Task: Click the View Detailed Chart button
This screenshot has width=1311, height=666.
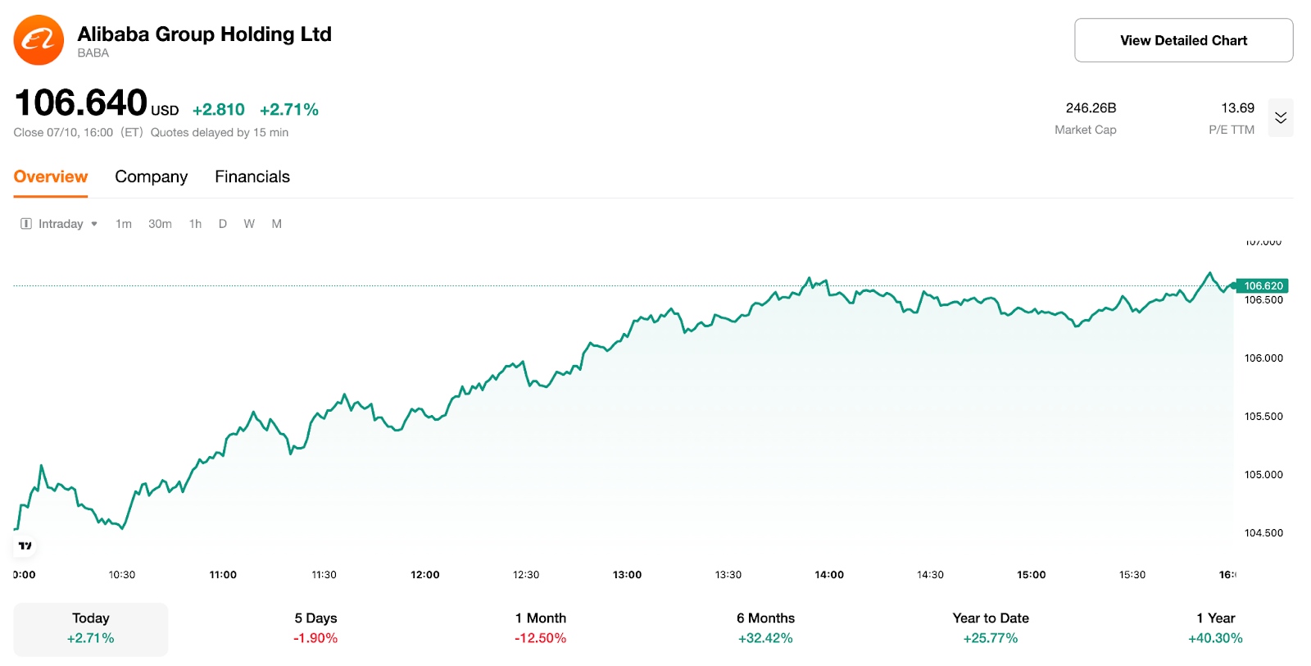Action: [x=1183, y=40]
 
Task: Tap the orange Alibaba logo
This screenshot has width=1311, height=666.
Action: [x=39, y=40]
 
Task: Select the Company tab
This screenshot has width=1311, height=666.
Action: [x=151, y=176]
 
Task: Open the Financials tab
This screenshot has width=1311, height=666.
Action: [x=252, y=176]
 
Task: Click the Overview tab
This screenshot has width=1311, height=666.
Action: [x=51, y=176]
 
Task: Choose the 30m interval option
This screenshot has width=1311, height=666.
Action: [x=160, y=224]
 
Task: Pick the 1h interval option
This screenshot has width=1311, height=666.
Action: [x=195, y=224]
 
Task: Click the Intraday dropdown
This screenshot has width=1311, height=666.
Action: [x=60, y=224]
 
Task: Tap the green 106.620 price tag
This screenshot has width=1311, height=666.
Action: [x=1263, y=285]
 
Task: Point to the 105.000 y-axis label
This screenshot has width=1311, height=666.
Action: [x=1263, y=474]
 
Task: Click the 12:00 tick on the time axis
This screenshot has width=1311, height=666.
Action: [x=425, y=575]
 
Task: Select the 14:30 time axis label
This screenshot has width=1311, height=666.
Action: [x=930, y=575]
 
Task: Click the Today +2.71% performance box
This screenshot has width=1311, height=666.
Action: [x=91, y=629]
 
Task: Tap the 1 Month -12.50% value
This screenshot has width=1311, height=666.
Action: [x=540, y=638]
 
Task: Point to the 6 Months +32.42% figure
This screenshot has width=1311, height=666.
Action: [x=765, y=638]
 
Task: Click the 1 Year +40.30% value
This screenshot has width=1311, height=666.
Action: [x=1215, y=638]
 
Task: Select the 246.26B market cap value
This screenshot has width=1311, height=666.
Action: [x=1091, y=108]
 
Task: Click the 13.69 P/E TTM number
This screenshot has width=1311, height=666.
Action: [x=1237, y=108]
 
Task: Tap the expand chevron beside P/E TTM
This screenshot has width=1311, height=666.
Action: [x=1280, y=118]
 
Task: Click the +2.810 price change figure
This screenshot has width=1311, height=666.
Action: [x=218, y=110]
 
